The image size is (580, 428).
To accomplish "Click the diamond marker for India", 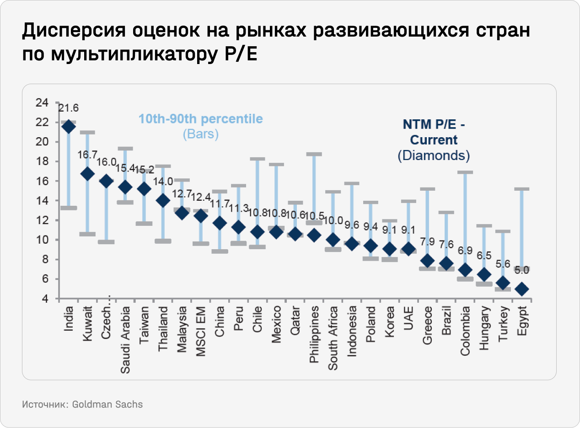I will [69, 127].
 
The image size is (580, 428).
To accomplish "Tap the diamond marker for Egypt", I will [522, 289].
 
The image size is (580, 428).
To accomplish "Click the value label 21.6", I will [69, 108].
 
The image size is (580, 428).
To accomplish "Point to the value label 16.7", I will [87, 155].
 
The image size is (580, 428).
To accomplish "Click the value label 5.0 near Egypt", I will [522, 270].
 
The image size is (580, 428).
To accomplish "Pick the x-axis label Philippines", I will [314, 335].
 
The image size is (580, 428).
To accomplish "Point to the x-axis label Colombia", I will [465, 331].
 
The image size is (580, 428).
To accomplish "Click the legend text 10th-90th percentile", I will [201, 119].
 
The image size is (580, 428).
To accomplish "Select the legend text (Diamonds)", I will [434, 155].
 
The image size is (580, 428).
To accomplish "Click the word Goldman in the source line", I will [91, 405].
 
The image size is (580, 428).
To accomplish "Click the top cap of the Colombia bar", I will [465, 172].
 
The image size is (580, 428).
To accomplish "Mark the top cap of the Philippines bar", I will [314, 155].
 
